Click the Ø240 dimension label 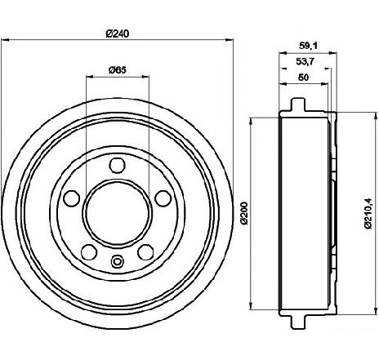tap(117, 34)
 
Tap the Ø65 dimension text tap(118, 70)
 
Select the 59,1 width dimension tap(308, 46)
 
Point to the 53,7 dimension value tap(305, 62)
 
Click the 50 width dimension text tap(303, 78)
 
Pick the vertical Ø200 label tap(244, 213)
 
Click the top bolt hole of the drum tap(118, 165)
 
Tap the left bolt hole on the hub tap(72, 198)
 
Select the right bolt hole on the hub tap(163, 198)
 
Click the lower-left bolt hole tap(89, 251)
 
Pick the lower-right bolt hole tap(145, 251)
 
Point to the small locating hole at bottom tap(117, 262)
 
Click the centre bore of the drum tap(118, 214)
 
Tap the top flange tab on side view tap(297, 104)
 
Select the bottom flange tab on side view tap(297, 322)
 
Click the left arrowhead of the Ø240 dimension tap(5, 40)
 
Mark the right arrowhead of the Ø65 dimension tap(145, 77)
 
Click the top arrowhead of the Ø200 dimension tap(251, 122)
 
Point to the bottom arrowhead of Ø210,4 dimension tap(377, 311)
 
